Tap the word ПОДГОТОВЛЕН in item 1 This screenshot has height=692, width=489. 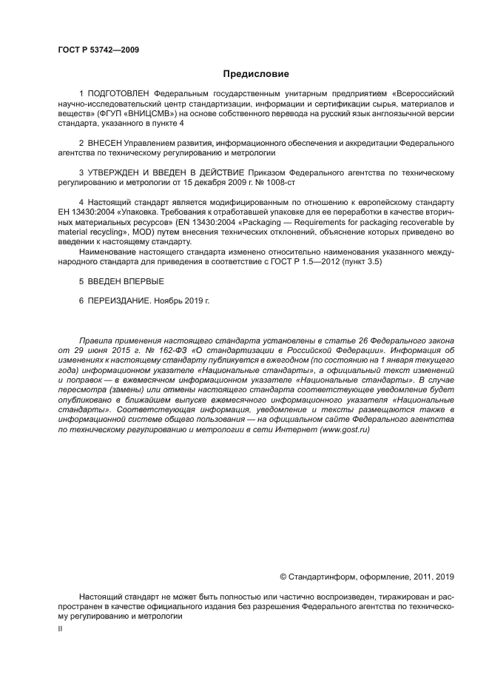click(x=118, y=94)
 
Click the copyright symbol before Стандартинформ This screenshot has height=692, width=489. click(x=283, y=576)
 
